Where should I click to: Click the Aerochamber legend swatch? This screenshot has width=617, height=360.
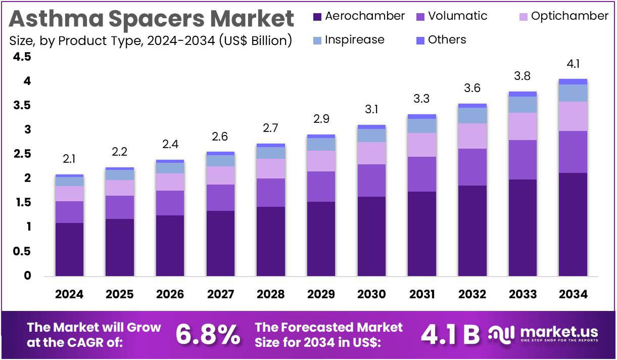point(317,17)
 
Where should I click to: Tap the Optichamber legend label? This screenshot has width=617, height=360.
point(569,16)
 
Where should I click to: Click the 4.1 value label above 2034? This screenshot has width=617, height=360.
point(573,65)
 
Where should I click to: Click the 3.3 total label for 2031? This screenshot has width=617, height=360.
point(422,99)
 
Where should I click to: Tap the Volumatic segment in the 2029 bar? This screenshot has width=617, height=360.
point(321,187)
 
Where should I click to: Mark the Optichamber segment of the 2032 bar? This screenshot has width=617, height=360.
point(472,136)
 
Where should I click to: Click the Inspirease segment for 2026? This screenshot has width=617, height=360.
point(170,168)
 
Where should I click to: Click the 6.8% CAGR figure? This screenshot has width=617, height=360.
point(208,335)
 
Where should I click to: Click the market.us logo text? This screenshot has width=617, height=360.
point(558,332)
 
